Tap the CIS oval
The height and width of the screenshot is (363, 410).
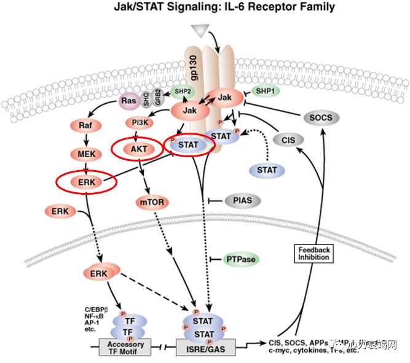click(x=289, y=140)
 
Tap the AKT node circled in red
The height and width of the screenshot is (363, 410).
click(x=136, y=149)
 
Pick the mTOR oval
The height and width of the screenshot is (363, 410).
click(x=149, y=201)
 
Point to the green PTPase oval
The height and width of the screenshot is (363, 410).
click(x=241, y=260)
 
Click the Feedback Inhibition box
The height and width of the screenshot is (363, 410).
click(x=315, y=254)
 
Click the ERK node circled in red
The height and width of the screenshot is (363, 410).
click(x=87, y=182)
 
